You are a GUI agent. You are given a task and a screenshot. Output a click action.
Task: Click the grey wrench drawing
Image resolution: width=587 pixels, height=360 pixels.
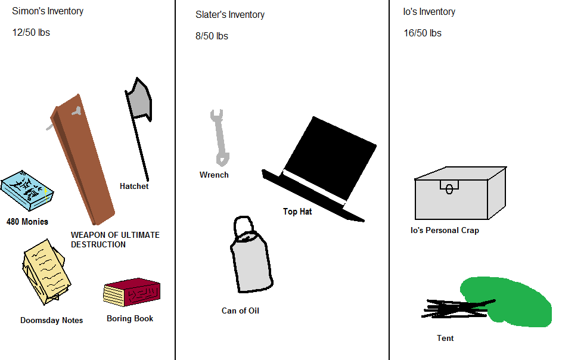[219, 136]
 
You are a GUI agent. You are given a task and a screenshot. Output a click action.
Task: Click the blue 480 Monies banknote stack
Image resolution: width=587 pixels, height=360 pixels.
[27, 191]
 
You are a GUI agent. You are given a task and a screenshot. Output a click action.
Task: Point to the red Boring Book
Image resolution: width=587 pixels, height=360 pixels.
[132, 293]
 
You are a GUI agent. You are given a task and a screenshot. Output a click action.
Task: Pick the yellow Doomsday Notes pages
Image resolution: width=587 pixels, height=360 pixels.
[45, 271]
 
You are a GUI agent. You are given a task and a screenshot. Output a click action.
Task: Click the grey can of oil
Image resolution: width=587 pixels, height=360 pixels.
[251, 262]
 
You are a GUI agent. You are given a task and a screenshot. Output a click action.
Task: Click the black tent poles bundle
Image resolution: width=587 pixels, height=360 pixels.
[456, 308]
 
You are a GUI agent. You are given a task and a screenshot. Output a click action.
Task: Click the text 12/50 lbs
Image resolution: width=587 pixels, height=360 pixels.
[31, 33]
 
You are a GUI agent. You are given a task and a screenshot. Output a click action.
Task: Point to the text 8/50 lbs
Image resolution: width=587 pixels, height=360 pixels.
[212, 36]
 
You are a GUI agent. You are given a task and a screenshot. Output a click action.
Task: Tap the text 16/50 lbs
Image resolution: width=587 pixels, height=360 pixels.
[423, 33]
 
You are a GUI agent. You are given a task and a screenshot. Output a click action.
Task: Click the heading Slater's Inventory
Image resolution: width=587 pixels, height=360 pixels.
[230, 15]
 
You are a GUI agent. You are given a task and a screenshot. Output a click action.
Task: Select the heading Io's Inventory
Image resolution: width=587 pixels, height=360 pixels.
[429, 12]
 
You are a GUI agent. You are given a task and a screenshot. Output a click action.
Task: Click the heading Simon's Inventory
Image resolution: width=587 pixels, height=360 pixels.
[48, 11]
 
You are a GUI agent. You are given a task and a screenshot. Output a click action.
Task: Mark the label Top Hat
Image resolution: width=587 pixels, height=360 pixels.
[297, 212]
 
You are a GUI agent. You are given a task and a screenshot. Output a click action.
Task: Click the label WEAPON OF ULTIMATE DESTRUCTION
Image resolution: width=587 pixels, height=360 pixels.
[115, 240]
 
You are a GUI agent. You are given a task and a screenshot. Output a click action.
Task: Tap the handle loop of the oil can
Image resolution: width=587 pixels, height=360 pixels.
[244, 226]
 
